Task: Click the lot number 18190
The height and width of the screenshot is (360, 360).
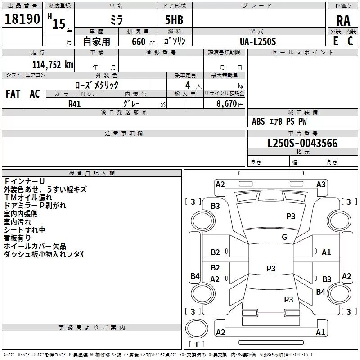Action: [22, 19]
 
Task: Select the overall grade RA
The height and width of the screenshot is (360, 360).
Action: [343, 21]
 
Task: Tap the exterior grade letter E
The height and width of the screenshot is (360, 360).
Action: [335, 40]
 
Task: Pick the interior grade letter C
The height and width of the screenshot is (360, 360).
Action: [350, 40]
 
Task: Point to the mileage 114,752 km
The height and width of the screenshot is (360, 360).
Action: [53, 64]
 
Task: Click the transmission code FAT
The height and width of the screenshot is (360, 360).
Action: [13, 94]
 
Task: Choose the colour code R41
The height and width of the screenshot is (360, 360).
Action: [74, 103]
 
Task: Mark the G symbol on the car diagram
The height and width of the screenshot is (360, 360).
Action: [284, 237]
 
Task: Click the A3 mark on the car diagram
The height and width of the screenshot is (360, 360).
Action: [321, 184]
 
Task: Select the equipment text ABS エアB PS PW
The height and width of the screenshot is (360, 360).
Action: [279, 121]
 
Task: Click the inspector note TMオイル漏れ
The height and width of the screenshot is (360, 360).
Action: [28, 197]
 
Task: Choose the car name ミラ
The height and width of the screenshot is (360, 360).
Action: [117, 20]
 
